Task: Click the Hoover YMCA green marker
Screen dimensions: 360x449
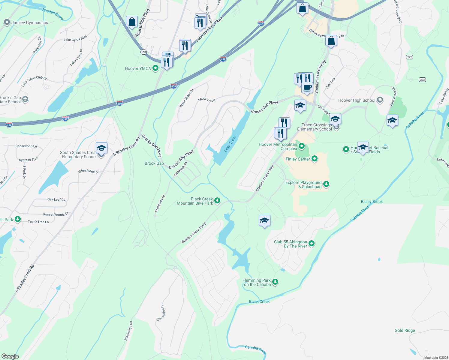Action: point(155,68)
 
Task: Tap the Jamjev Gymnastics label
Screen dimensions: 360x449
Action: point(29,22)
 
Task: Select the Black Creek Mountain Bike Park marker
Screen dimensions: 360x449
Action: point(217,200)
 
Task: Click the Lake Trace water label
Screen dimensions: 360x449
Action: point(230,143)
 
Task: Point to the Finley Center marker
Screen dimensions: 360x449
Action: point(315,158)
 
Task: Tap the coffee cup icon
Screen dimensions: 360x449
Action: point(307,87)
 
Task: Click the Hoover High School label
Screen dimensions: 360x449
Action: point(357,100)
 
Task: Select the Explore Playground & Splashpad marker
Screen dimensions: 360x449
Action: point(326,184)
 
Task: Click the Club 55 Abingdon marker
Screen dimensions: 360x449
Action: point(312,243)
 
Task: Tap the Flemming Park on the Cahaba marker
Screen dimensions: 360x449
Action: point(275,282)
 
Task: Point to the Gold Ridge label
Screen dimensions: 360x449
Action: point(405,330)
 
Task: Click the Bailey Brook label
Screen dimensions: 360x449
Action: point(372,202)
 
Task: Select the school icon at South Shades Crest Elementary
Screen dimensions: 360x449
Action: point(101,148)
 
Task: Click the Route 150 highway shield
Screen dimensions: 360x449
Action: point(144,52)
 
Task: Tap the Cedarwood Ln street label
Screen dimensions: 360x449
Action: point(26,146)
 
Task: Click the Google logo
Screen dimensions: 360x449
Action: point(10,356)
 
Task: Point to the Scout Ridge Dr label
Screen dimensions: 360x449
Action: point(186,98)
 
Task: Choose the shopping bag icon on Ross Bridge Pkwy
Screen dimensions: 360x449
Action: point(132,22)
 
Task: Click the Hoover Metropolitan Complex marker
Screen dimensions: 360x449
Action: point(302,146)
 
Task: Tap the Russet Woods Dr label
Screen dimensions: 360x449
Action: point(56,214)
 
